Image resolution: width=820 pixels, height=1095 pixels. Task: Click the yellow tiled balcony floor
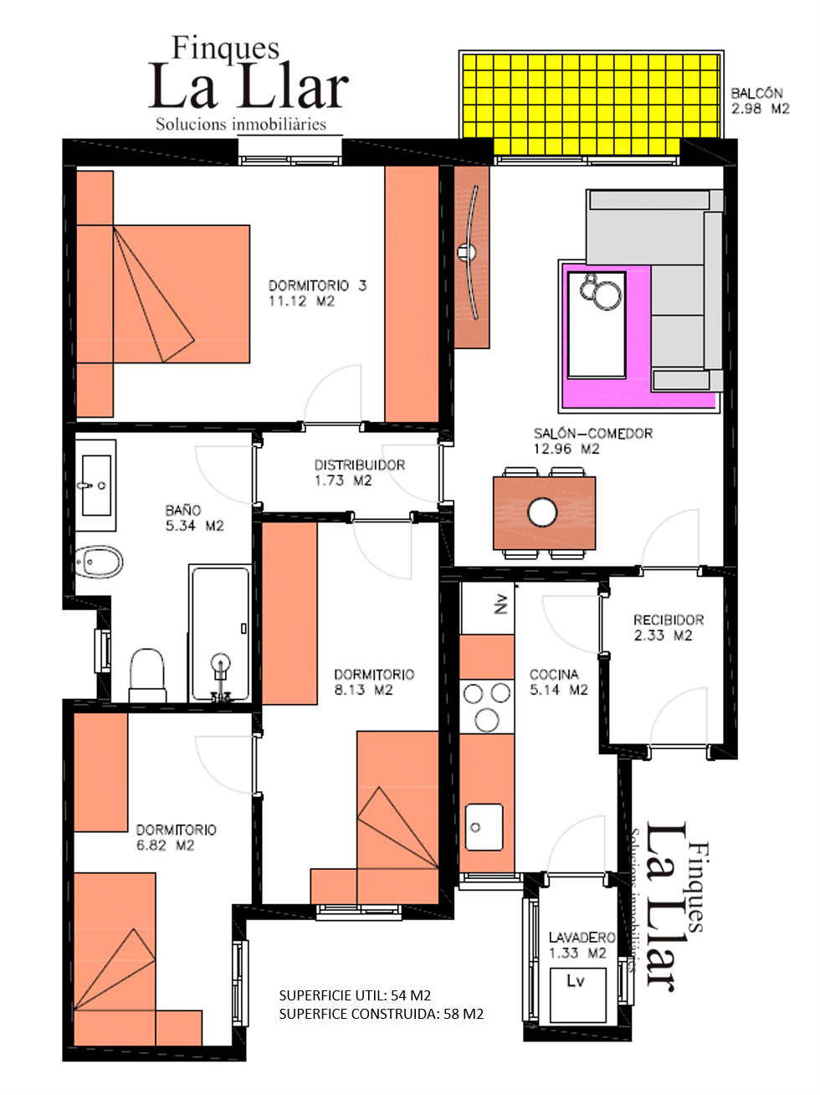click(591, 104)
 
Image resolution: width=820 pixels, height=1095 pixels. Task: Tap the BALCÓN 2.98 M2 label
click(760, 101)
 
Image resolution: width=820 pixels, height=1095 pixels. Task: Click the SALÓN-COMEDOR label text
click(592, 440)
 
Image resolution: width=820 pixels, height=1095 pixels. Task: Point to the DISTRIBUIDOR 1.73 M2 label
click(359, 472)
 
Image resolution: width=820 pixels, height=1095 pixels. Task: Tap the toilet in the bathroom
click(148, 675)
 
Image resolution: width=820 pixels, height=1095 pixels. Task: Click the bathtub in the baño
click(220, 635)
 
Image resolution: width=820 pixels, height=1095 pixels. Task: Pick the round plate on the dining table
click(542, 512)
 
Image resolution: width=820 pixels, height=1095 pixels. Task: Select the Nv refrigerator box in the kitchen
click(487, 606)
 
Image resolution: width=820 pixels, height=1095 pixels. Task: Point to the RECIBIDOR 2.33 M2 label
click(668, 628)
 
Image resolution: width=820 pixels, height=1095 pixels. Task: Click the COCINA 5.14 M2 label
click(558, 682)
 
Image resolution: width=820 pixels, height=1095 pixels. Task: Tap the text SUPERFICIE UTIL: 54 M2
click(355, 995)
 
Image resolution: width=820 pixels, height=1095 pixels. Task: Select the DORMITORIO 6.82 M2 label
click(176, 837)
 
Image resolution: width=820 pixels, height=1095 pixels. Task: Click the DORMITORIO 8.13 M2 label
click(373, 682)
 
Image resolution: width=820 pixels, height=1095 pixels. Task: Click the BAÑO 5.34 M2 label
click(194, 518)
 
